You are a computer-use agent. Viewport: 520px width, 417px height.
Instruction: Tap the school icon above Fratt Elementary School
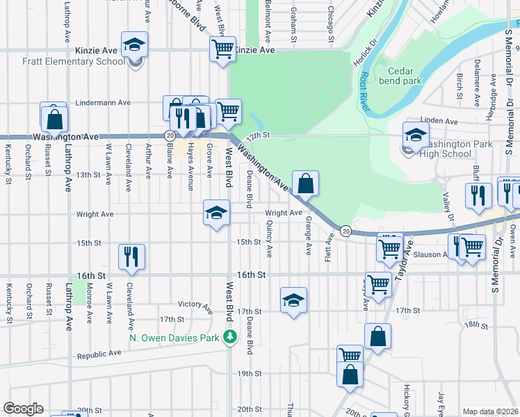point(135,46)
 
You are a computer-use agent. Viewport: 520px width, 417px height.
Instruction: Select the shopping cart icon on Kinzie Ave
point(222,49)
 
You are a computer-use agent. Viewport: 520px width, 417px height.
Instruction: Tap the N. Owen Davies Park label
point(174,338)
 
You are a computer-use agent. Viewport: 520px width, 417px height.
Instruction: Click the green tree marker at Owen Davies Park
point(231,338)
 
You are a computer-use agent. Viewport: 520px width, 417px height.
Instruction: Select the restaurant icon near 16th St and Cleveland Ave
point(131,256)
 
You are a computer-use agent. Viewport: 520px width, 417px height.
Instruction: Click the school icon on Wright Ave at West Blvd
point(216,213)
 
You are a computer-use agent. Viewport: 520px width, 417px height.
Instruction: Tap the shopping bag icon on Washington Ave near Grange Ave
point(305,184)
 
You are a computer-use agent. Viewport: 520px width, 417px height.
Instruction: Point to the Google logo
point(23,409)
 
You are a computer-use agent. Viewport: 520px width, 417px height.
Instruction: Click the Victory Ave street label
point(195,304)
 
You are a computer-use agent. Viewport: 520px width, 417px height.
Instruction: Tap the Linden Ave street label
point(441,121)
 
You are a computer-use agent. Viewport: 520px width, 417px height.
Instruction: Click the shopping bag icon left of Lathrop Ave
point(54,119)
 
